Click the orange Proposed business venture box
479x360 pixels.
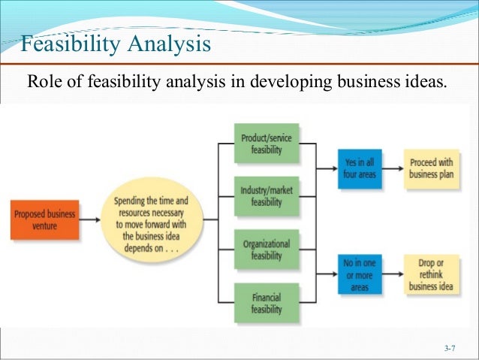click(44, 219)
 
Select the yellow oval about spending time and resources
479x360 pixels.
click(152, 219)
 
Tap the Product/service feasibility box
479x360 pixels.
click(266, 144)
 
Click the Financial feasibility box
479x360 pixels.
click(266, 302)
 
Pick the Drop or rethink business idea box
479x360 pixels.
click(432, 274)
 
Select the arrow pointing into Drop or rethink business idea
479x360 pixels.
click(393, 274)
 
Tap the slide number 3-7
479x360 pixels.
click(450, 348)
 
